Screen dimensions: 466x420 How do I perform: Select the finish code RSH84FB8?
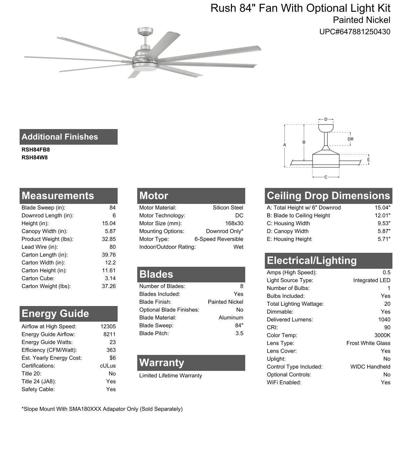[36, 150]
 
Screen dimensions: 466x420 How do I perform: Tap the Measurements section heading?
[58, 196]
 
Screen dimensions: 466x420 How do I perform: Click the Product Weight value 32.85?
[109, 239]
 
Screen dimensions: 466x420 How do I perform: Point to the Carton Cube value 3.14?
[110, 278]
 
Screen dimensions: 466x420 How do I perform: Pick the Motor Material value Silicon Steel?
[228, 208]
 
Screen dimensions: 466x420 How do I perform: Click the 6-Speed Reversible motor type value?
[219, 239]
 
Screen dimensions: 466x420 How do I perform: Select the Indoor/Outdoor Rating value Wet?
[238, 247]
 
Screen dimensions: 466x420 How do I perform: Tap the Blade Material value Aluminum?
[231, 318]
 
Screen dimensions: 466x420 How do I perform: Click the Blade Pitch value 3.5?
[239, 333]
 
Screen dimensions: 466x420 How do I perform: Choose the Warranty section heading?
[161, 363]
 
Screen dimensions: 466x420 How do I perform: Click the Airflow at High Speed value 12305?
[108, 327]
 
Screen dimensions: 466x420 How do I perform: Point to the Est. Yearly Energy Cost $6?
[113, 358]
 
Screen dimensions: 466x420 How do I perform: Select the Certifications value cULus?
[108, 366]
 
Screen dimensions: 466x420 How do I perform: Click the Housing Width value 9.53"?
[384, 224]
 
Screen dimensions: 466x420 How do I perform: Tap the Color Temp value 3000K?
[382, 335]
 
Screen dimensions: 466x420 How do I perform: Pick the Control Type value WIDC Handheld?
[370, 367]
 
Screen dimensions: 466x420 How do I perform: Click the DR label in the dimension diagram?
[350, 139]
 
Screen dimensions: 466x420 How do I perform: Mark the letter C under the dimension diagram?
[326, 177]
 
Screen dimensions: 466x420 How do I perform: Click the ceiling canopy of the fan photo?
[145, 31]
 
